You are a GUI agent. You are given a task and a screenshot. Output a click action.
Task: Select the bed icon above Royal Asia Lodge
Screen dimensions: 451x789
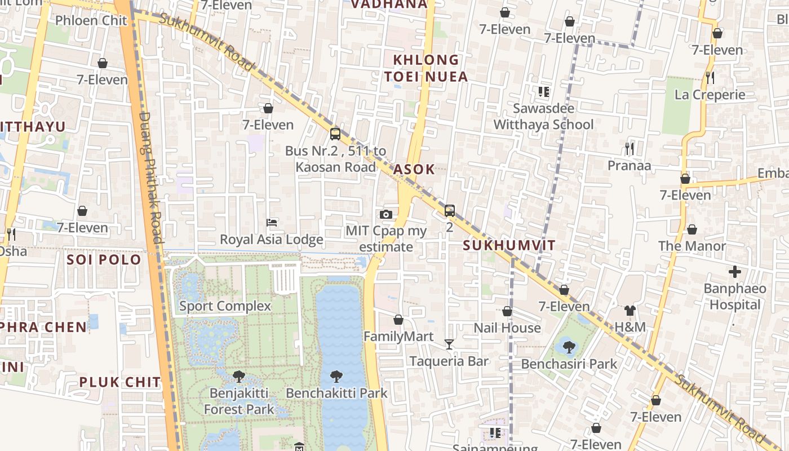(x=271, y=223)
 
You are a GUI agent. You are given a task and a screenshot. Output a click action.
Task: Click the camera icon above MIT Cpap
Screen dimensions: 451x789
(x=386, y=214)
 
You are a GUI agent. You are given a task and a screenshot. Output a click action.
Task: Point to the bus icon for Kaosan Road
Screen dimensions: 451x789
(x=335, y=134)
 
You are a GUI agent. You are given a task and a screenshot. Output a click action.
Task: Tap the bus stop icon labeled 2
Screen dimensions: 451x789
(x=449, y=211)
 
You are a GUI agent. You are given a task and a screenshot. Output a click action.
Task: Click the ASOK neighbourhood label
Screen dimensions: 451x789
(x=414, y=169)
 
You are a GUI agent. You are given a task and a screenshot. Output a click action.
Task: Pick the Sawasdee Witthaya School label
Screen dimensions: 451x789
(x=543, y=116)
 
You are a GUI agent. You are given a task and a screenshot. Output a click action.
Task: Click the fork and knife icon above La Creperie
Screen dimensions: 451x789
(x=710, y=78)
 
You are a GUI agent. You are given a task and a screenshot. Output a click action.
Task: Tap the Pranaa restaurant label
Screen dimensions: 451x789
(x=629, y=165)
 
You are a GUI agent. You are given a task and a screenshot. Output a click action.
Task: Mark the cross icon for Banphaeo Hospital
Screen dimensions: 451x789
(x=735, y=272)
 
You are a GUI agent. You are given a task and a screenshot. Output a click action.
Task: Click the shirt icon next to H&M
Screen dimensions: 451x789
(x=630, y=311)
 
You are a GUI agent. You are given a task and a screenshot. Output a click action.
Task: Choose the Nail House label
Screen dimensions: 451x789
(x=507, y=328)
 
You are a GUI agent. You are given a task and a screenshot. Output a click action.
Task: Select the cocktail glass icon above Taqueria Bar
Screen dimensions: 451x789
(x=449, y=344)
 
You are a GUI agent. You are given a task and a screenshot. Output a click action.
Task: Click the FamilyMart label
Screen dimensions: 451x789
(x=398, y=337)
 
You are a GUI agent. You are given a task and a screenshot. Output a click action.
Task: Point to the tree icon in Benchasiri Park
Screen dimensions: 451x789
(x=569, y=347)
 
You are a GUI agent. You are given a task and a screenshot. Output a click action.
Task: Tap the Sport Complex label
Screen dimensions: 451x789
(x=225, y=306)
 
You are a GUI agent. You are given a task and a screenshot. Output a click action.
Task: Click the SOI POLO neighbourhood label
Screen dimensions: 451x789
(x=104, y=260)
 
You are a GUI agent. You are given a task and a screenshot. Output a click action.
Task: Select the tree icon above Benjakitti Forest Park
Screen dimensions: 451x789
(x=239, y=376)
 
